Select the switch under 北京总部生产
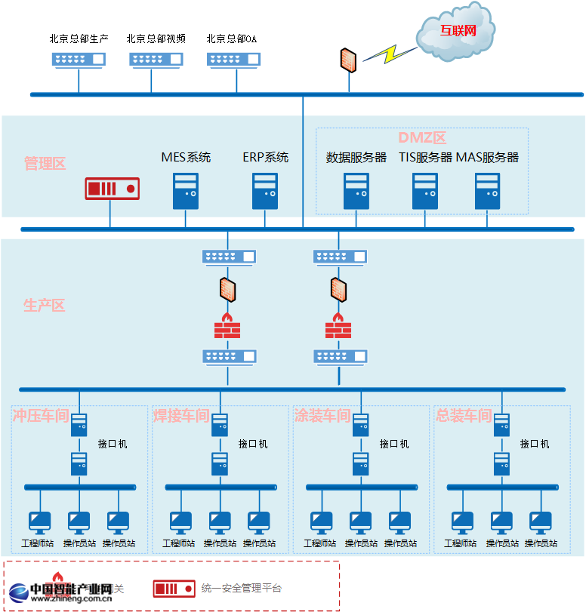coord(79,59)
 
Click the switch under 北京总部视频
coord(156,59)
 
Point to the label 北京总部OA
coord(232,38)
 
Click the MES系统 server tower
coord(186,191)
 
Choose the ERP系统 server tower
coord(265,191)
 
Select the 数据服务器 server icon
coord(356,191)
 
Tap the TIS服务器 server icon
coord(425,191)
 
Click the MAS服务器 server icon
coord(487,191)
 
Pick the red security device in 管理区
coord(113,189)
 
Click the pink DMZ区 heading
coord(422,138)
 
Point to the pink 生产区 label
coord(45,306)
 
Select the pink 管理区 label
coord(45,163)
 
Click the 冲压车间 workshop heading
coord(41,416)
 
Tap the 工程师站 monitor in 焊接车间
coord(180,521)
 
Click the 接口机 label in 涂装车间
coord(394,444)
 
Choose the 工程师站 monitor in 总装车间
coord(462,521)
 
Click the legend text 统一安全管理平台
coord(242,588)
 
